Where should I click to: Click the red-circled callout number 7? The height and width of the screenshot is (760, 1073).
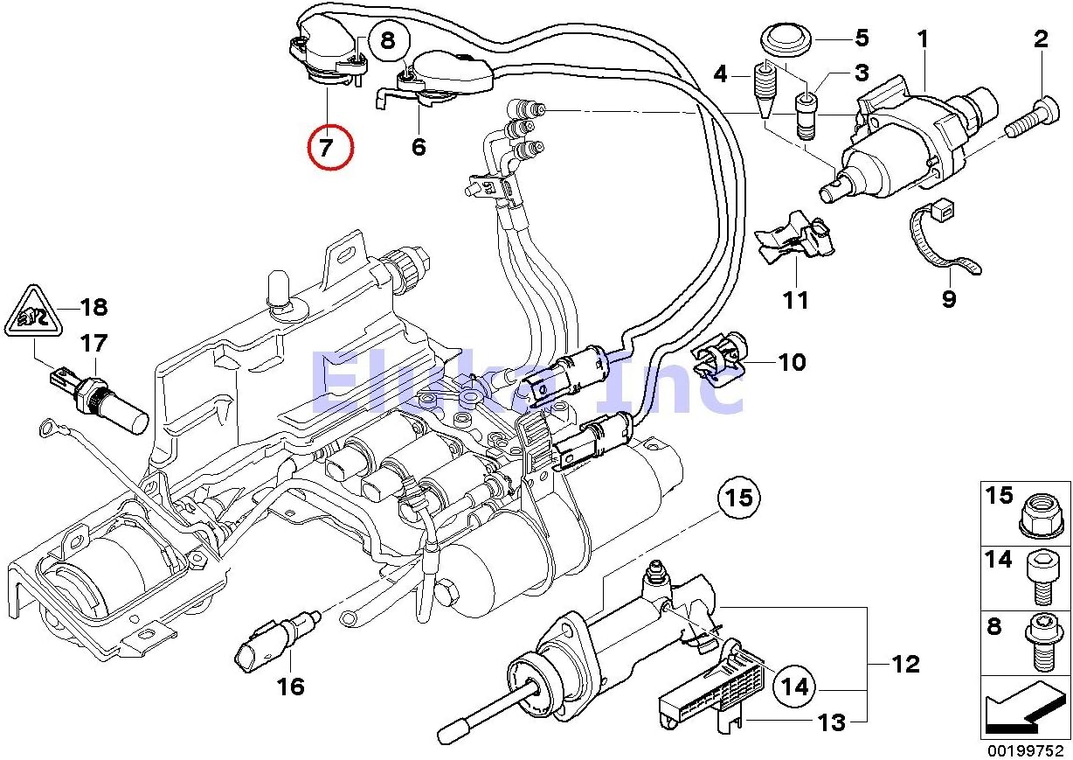coord(330,147)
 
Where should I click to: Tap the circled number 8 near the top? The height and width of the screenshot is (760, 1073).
coord(389,40)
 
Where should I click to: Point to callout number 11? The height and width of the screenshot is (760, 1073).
coord(796,300)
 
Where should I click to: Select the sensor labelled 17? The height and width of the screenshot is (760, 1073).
coord(99,402)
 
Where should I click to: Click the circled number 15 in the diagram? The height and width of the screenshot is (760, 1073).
coord(739,498)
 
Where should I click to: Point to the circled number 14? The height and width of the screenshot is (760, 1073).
coord(794,687)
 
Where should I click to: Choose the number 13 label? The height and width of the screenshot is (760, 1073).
coord(832,722)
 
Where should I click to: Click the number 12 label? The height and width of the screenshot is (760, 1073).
coord(906,664)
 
